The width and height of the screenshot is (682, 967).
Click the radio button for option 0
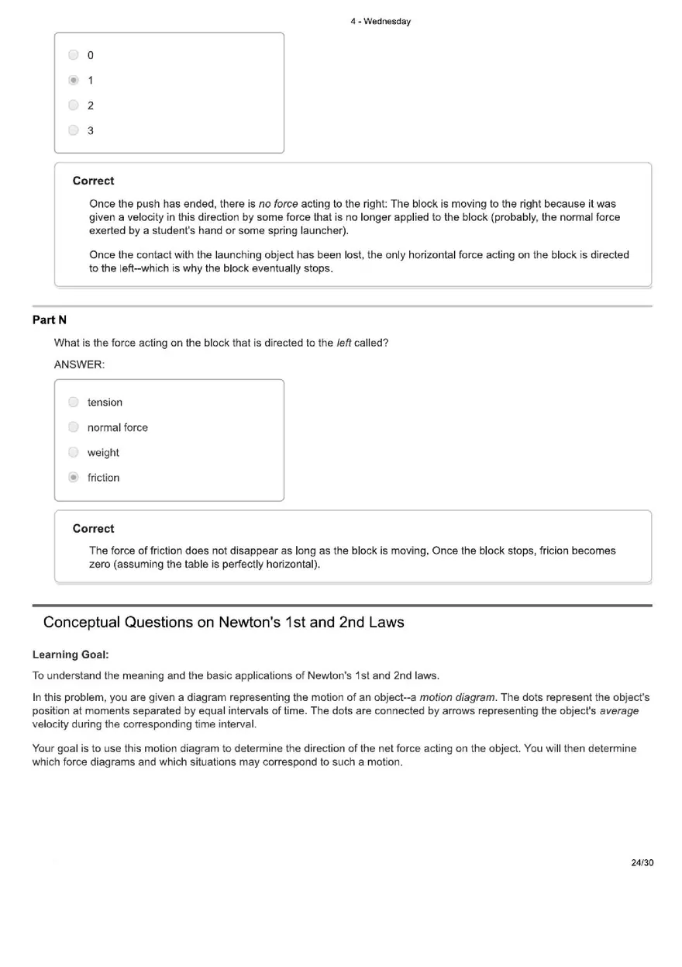74,55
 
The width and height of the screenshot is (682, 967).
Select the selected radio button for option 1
74,80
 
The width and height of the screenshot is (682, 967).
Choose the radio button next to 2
74,105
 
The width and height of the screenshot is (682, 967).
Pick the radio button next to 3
74,130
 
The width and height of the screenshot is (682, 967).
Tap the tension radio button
74,402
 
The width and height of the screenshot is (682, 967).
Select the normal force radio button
74,427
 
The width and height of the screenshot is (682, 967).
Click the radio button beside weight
74,453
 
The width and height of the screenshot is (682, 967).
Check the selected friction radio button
74,478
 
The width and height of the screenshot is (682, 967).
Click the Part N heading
50,319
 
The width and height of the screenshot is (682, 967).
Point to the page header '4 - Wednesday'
380,22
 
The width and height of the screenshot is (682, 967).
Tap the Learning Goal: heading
71,654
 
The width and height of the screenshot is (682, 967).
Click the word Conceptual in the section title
81,622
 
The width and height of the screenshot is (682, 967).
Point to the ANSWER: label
79,364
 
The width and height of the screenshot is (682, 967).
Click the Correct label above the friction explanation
93,529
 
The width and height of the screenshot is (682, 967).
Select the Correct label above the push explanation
93,181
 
